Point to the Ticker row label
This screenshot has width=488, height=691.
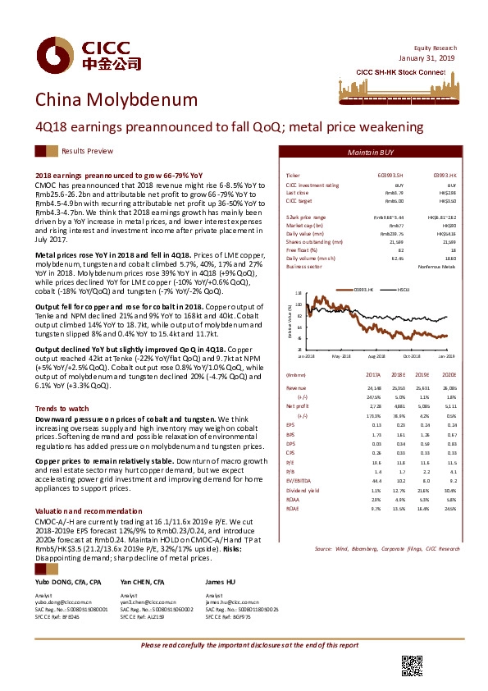[293, 176]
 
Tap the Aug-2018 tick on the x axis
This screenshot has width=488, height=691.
[377, 379]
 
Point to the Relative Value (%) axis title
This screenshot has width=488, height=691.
[290, 333]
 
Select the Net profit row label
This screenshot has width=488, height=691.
[297, 428]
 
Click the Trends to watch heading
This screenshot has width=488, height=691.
[62, 408]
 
